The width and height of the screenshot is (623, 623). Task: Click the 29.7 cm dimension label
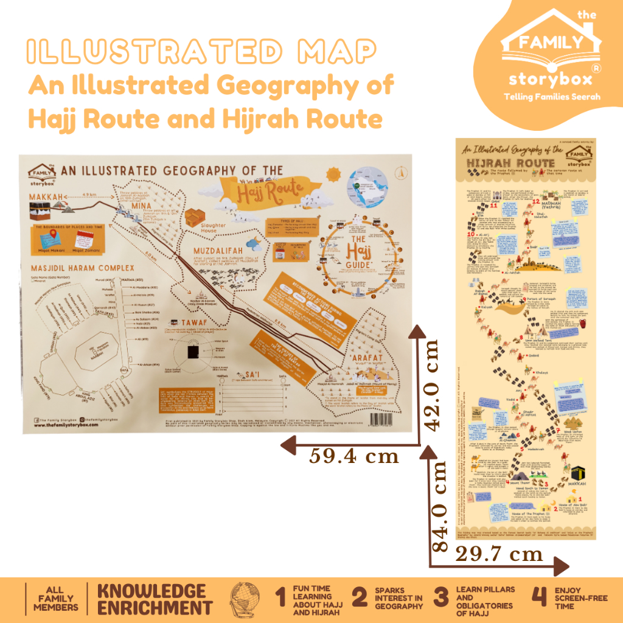(499, 554)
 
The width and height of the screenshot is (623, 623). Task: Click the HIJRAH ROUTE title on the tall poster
(511, 163)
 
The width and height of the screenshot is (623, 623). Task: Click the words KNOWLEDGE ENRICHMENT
(155, 599)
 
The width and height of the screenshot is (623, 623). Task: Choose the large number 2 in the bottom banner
(360, 598)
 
